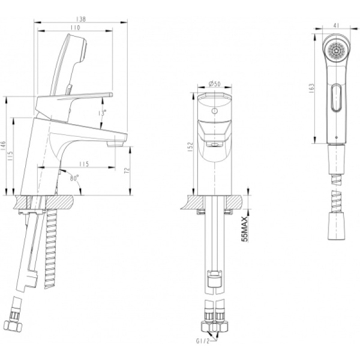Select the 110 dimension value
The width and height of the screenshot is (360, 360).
coord(75,28)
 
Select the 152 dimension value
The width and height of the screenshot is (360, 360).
coord(190,146)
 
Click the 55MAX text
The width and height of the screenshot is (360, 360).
coord(244,229)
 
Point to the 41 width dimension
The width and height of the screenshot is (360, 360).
coord(337,26)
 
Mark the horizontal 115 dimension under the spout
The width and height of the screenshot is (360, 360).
coord(83,164)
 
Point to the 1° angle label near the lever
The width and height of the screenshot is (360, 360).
coord(103,110)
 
